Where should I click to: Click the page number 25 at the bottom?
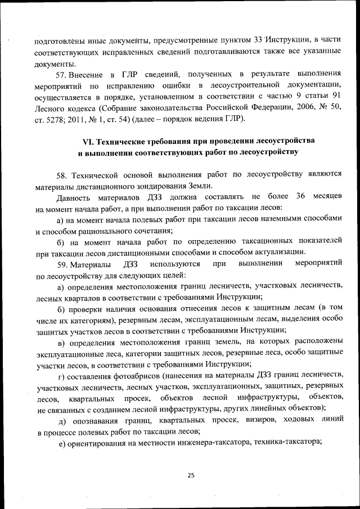pos(191,475)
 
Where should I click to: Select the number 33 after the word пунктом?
pos(258,39)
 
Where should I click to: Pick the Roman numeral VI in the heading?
pos(88,139)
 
